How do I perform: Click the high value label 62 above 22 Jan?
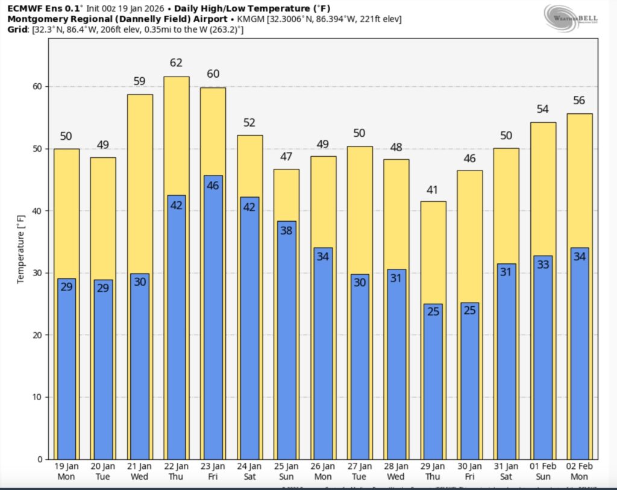(177, 63)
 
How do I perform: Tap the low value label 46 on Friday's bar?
(213, 186)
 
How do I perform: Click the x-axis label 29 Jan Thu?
(433, 471)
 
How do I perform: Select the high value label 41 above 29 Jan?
(433, 190)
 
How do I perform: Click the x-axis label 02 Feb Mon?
(579, 471)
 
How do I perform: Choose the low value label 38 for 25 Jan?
(286, 231)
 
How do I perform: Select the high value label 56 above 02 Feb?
(579, 101)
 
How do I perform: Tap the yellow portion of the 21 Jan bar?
(140, 181)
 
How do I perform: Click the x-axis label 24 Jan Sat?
(249, 471)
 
